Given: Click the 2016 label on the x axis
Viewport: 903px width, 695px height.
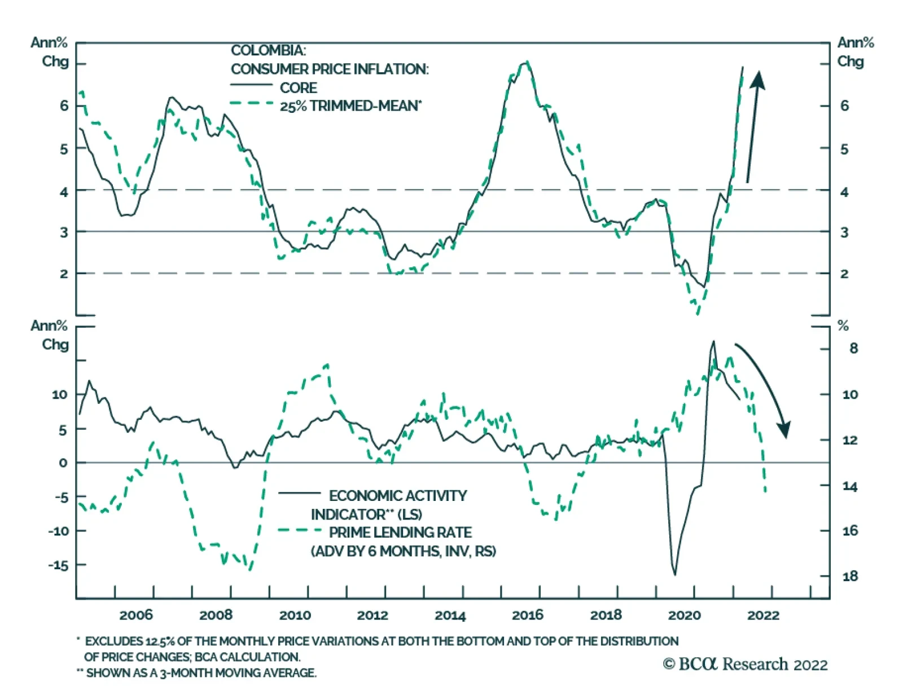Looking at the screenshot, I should click(x=527, y=615).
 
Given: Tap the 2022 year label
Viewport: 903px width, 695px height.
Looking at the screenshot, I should click(x=763, y=615).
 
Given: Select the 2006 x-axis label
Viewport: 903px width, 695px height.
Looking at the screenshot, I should click(x=136, y=615).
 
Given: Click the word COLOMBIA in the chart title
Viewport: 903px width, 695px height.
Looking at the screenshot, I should click(x=269, y=50).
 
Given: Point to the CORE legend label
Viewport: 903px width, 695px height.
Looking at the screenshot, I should click(x=299, y=88).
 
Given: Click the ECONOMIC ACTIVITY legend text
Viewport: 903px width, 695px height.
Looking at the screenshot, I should click(x=398, y=496).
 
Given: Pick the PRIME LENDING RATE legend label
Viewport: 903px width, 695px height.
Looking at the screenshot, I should click(x=400, y=533).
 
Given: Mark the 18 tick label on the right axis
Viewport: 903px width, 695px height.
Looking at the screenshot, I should click(x=850, y=576).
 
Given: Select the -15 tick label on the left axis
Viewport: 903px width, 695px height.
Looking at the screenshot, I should click(x=59, y=565).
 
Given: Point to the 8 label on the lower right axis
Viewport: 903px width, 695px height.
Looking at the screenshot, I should click(x=853, y=349).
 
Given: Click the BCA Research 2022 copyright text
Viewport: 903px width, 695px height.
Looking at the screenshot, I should click(x=745, y=665).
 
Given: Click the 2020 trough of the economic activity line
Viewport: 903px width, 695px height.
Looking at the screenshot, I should click(x=674, y=574).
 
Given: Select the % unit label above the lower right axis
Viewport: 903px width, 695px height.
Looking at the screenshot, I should click(x=843, y=325).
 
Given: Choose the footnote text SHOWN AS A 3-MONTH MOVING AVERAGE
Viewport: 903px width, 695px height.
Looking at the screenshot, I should click(x=201, y=673).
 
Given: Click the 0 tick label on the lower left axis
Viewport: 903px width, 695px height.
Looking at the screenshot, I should click(x=63, y=463).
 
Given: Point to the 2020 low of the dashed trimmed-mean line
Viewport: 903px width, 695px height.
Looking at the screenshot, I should click(x=698, y=313).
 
